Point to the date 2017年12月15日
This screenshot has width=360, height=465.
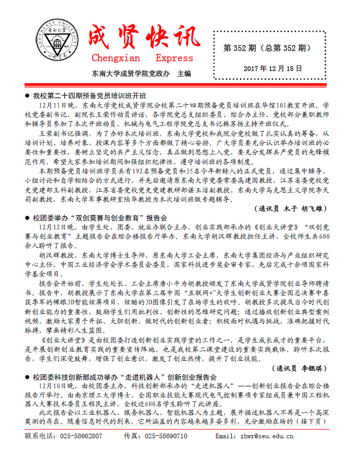click(273, 68)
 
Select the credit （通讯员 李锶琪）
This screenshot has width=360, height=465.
click(298, 367)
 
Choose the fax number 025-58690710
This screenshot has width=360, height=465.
click(166, 436)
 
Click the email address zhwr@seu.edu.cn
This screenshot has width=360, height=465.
click(268, 436)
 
